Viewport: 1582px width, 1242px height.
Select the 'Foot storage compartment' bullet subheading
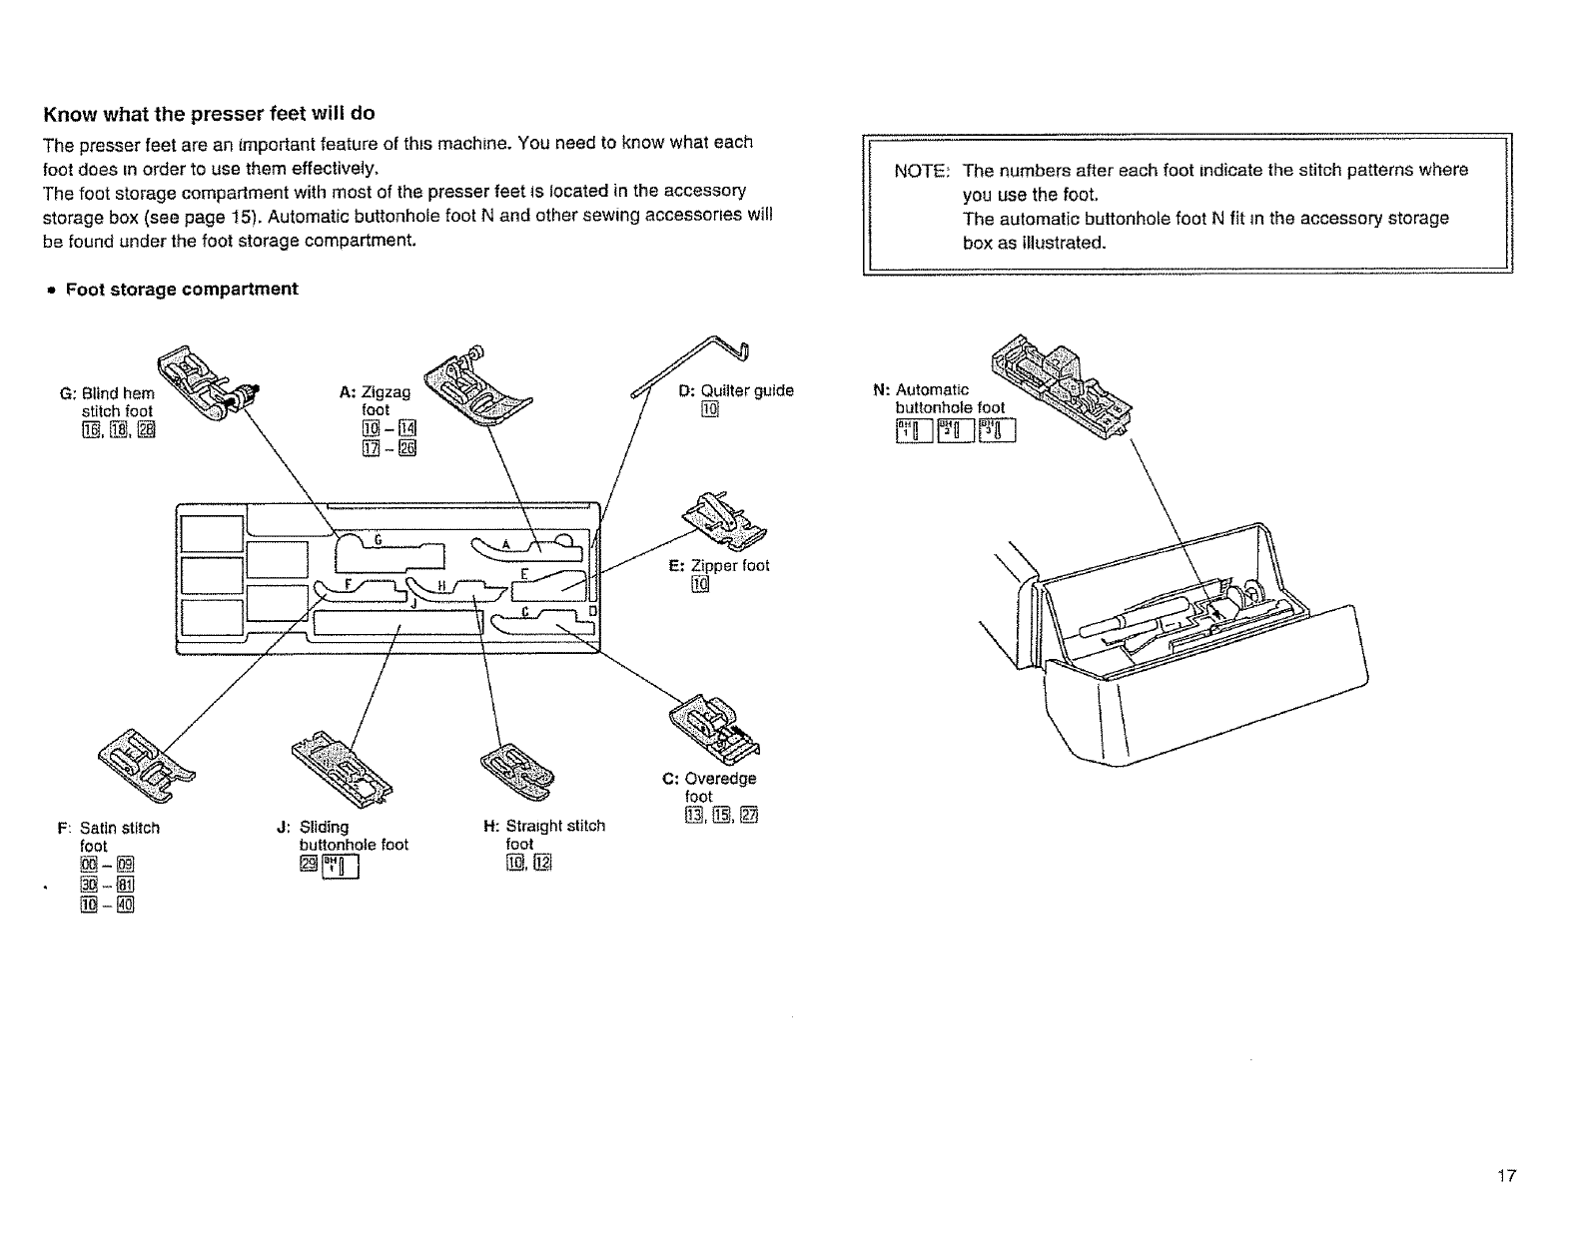(x=181, y=290)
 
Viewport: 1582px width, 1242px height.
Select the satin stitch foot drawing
(x=146, y=763)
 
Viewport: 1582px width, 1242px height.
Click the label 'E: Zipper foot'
(x=719, y=566)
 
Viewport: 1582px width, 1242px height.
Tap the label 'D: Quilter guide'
(x=736, y=391)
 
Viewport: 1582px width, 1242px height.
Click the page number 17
(x=1506, y=1176)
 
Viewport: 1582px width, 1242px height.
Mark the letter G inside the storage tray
(x=378, y=539)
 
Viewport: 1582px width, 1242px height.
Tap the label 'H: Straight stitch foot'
(x=544, y=835)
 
